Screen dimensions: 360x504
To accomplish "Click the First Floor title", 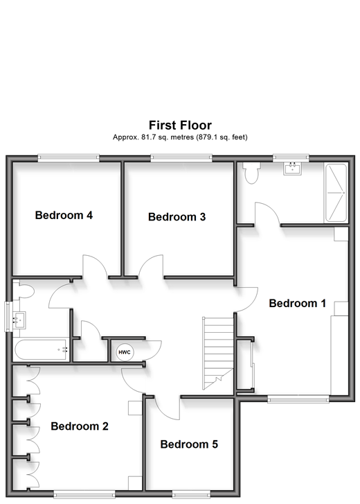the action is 180,125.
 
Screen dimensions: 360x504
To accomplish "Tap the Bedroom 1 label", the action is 297,303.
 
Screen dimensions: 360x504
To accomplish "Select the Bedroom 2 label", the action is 80,426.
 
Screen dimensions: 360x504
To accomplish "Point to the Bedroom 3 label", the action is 177,217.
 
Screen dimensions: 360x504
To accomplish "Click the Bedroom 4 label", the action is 64,215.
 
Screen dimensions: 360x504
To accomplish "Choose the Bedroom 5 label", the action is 189,444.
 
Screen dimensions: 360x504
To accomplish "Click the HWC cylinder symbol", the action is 125,352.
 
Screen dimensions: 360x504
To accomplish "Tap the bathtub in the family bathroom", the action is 41,349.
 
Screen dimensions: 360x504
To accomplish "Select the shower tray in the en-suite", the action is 336,193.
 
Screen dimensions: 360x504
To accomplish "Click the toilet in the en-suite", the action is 251,173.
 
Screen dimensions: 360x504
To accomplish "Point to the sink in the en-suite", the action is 292,168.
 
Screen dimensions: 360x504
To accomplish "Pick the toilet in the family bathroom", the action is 24,290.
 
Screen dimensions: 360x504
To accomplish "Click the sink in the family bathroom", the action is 19,320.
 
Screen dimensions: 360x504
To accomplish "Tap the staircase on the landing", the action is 218,354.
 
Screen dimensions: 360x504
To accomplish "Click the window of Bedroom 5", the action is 191,494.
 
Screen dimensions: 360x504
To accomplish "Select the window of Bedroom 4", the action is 69,158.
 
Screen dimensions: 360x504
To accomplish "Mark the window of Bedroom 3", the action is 181,158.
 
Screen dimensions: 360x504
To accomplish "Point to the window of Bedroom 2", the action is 84,494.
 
